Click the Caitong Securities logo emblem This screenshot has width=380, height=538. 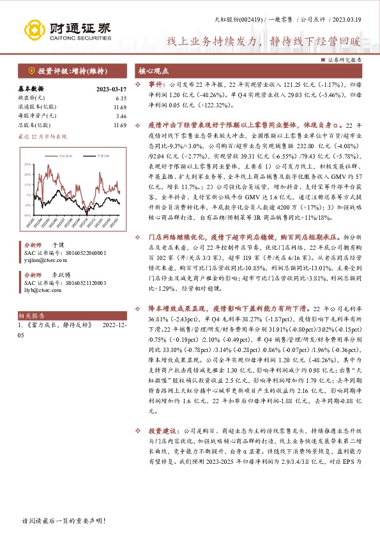(35, 29)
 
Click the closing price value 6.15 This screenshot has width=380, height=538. (121, 98)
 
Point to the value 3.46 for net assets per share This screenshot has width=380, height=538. (121, 116)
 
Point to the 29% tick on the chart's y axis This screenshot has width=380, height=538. (27, 164)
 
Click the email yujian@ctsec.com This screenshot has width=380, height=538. (45, 261)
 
